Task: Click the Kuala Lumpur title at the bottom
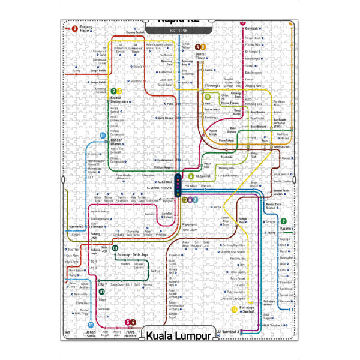pyautogui.click(x=179, y=335)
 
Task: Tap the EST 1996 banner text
pyautogui.click(x=179, y=29)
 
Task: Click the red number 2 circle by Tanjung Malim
pyautogui.click(x=74, y=28)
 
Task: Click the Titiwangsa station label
pyautogui.click(x=213, y=86)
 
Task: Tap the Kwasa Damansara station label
pyautogui.click(x=119, y=99)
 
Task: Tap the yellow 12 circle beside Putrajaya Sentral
pyautogui.click(x=233, y=309)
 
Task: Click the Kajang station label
pyautogui.click(x=286, y=229)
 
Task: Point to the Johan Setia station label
pyautogui.click(x=91, y=333)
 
